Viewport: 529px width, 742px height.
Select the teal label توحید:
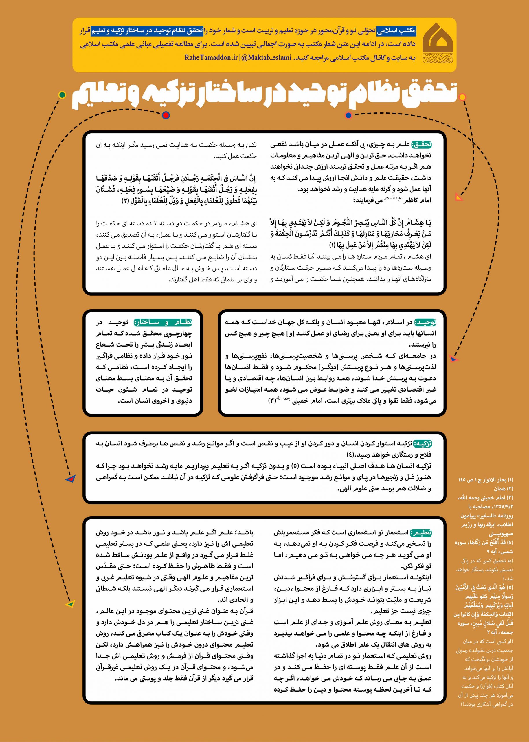pos(425,323)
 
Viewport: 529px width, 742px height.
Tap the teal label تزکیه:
pos(423,443)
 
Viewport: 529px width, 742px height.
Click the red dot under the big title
pos(166,115)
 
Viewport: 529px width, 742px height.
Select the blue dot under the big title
pos(348,115)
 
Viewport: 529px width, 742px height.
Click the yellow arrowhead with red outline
pos(459,197)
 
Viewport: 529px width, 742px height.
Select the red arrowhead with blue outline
pos(70,479)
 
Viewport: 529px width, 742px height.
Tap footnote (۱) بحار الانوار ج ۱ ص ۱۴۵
pos(485,480)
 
